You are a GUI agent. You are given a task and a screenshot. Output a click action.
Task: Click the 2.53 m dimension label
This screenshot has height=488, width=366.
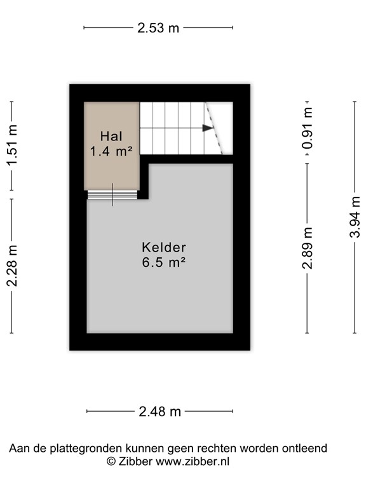coord(158,28)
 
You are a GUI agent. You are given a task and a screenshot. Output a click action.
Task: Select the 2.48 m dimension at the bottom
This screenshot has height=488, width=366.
coord(160,412)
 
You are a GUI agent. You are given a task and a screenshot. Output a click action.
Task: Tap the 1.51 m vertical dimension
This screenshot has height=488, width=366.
coord(12,146)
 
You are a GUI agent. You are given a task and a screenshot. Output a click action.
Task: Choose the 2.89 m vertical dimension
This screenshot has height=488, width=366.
coord(308,248)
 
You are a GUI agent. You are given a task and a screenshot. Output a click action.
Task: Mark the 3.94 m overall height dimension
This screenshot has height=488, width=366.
coord(355,217)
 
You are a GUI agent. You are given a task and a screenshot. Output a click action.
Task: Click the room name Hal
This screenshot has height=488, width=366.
coord(111,136)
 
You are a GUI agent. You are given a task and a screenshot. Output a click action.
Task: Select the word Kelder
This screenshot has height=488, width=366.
coord(164,247)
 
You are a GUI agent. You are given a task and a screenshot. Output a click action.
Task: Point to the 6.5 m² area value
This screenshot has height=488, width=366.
coord(164,262)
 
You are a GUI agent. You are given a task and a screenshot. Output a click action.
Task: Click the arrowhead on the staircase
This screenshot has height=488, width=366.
coord(208,128)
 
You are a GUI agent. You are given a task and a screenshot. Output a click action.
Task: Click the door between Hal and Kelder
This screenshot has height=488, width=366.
coord(112,194)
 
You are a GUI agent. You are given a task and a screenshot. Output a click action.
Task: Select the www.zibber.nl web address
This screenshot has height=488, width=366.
coord(192,462)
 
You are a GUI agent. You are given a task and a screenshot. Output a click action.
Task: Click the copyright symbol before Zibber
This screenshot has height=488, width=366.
coord(111,462)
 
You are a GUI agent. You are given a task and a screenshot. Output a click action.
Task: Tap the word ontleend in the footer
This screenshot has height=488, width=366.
coord(306,449)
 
